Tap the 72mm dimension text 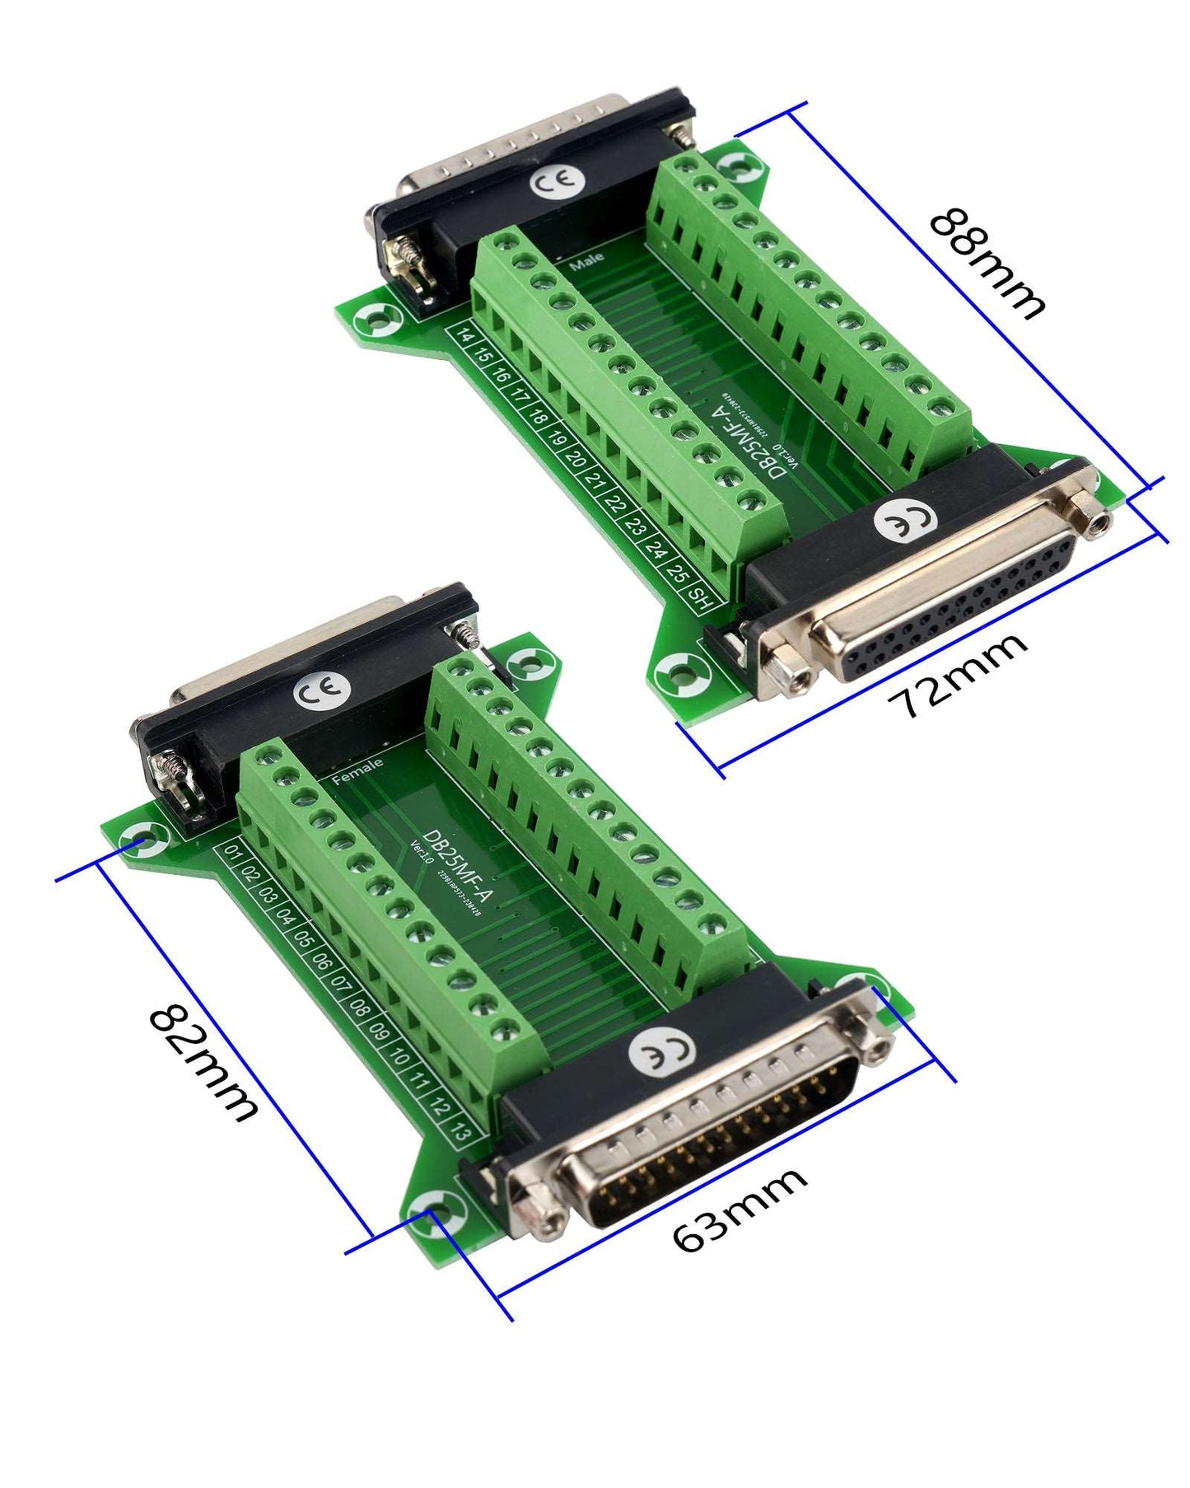pyautogui.click(x=958, y=676)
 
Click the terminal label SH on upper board pyautogui.click(x=700, y=597)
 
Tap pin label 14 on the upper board pyautogui.click(x=465, y=337)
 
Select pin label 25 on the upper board pyautogui.click(x=678, y=573)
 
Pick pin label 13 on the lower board pyautogui.click(x=462, y=1133)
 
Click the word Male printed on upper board pyautogui.click(x=586, y=262)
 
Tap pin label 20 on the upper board pyautogui.click(x=576, y=458)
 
